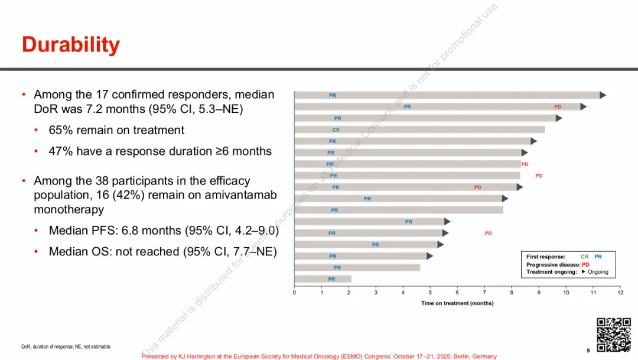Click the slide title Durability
71,45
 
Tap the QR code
613,335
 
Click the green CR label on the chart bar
336,129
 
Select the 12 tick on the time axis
620,293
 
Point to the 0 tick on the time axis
295,293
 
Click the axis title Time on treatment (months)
457,303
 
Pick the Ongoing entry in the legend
598,272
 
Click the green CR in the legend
584,257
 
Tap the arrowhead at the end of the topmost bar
603,95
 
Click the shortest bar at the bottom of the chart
323,279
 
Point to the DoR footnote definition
66,346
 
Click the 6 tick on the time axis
457,293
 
